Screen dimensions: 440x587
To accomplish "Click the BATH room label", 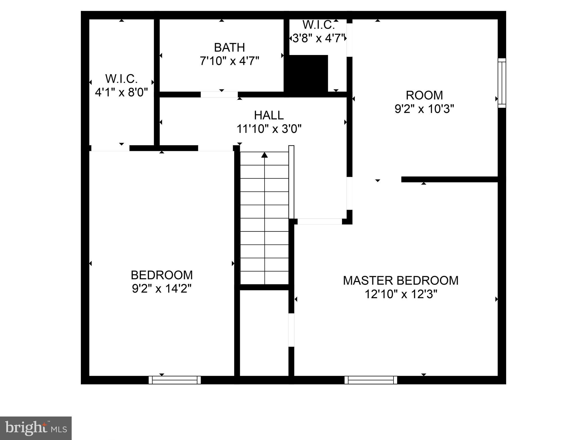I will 229,47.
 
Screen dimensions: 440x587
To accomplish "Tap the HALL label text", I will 269,115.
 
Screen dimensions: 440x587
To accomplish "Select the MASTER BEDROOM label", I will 401,280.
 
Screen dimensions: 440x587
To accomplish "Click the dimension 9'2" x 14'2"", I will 162,288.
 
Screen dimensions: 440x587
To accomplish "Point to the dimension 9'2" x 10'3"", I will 424,109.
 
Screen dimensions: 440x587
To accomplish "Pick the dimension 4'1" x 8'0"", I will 122,92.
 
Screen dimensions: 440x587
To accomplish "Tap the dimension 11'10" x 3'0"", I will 269,129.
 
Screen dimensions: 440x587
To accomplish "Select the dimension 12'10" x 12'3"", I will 401,294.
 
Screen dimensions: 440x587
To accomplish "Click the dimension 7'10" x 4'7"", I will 229,61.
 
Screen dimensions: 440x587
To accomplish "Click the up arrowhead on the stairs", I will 265,155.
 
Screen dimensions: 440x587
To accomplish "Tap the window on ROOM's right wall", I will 502,83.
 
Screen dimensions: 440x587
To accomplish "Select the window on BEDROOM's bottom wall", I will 175,380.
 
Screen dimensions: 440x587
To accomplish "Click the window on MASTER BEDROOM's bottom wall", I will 371,380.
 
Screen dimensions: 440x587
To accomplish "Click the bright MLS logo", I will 36,428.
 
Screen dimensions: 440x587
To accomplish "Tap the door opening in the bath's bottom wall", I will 219,95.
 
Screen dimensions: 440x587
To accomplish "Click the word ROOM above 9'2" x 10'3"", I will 424,95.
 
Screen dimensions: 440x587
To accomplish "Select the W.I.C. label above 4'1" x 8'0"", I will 122,78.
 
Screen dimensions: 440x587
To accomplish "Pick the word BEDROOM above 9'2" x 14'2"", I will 162,275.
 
